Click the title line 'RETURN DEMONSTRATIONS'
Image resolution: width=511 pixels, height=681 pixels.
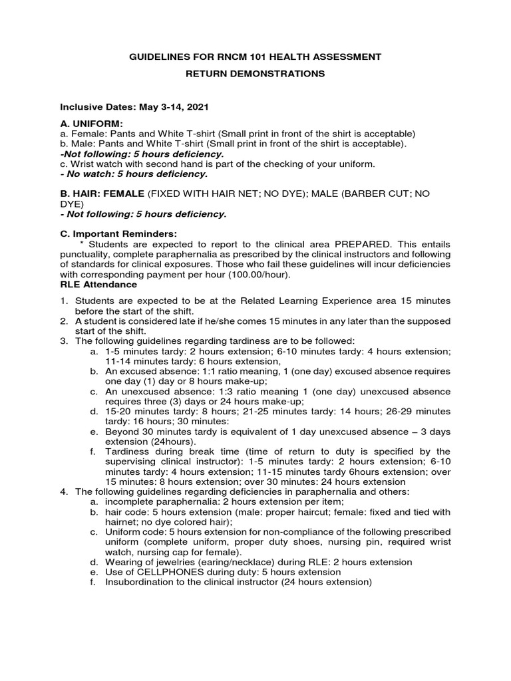point(255,74)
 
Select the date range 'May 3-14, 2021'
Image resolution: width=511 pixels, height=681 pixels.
point(175,106)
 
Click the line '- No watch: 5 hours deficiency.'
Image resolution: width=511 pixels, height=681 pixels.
point(134,174)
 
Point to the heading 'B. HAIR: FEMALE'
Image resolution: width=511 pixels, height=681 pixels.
point(102,194)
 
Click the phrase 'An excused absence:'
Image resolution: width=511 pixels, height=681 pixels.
point(149,370)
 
